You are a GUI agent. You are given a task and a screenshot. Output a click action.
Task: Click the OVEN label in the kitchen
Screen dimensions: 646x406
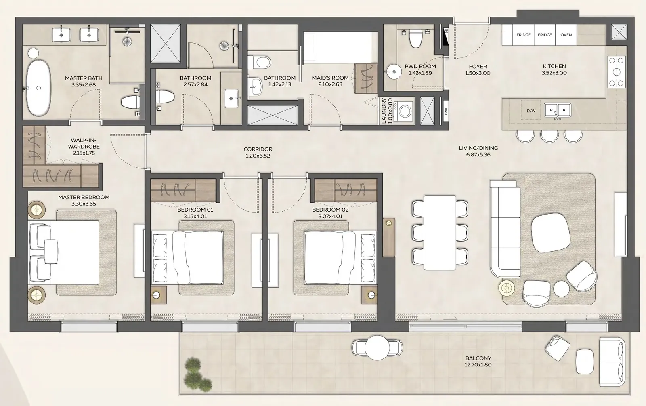click(x=566, y=35)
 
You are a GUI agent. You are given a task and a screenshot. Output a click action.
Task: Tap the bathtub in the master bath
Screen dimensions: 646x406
click(x=39, y=88)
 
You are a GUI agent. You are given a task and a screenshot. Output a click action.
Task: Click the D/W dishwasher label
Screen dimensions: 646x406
click(x=531, y=111)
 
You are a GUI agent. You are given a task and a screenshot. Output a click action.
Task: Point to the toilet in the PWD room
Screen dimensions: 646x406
click(x=415, y=39)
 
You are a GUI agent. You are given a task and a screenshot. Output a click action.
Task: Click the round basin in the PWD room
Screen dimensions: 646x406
click(x=394, y=72)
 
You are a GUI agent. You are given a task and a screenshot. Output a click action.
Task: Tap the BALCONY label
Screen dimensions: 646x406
click(x=478, y=358)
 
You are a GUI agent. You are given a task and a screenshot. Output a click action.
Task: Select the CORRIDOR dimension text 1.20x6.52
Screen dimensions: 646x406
click(x=258, y=156)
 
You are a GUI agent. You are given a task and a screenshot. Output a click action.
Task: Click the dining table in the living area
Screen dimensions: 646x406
click(x=440, y=233)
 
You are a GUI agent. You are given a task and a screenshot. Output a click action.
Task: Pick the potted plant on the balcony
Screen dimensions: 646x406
click(x=197, y=374)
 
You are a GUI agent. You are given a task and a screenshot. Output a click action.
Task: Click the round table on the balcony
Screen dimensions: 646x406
click(x=377, y=348)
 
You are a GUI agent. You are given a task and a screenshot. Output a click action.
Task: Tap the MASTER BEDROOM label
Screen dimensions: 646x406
click(x=84, y=198)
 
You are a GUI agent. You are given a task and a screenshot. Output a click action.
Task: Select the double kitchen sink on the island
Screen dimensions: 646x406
click(x=557, y=110)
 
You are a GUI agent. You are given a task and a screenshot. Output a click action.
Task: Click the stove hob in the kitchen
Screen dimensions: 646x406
click(x=617, y=72)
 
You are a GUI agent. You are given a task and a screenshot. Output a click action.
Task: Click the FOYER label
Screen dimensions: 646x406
click(x=478, y=66)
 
